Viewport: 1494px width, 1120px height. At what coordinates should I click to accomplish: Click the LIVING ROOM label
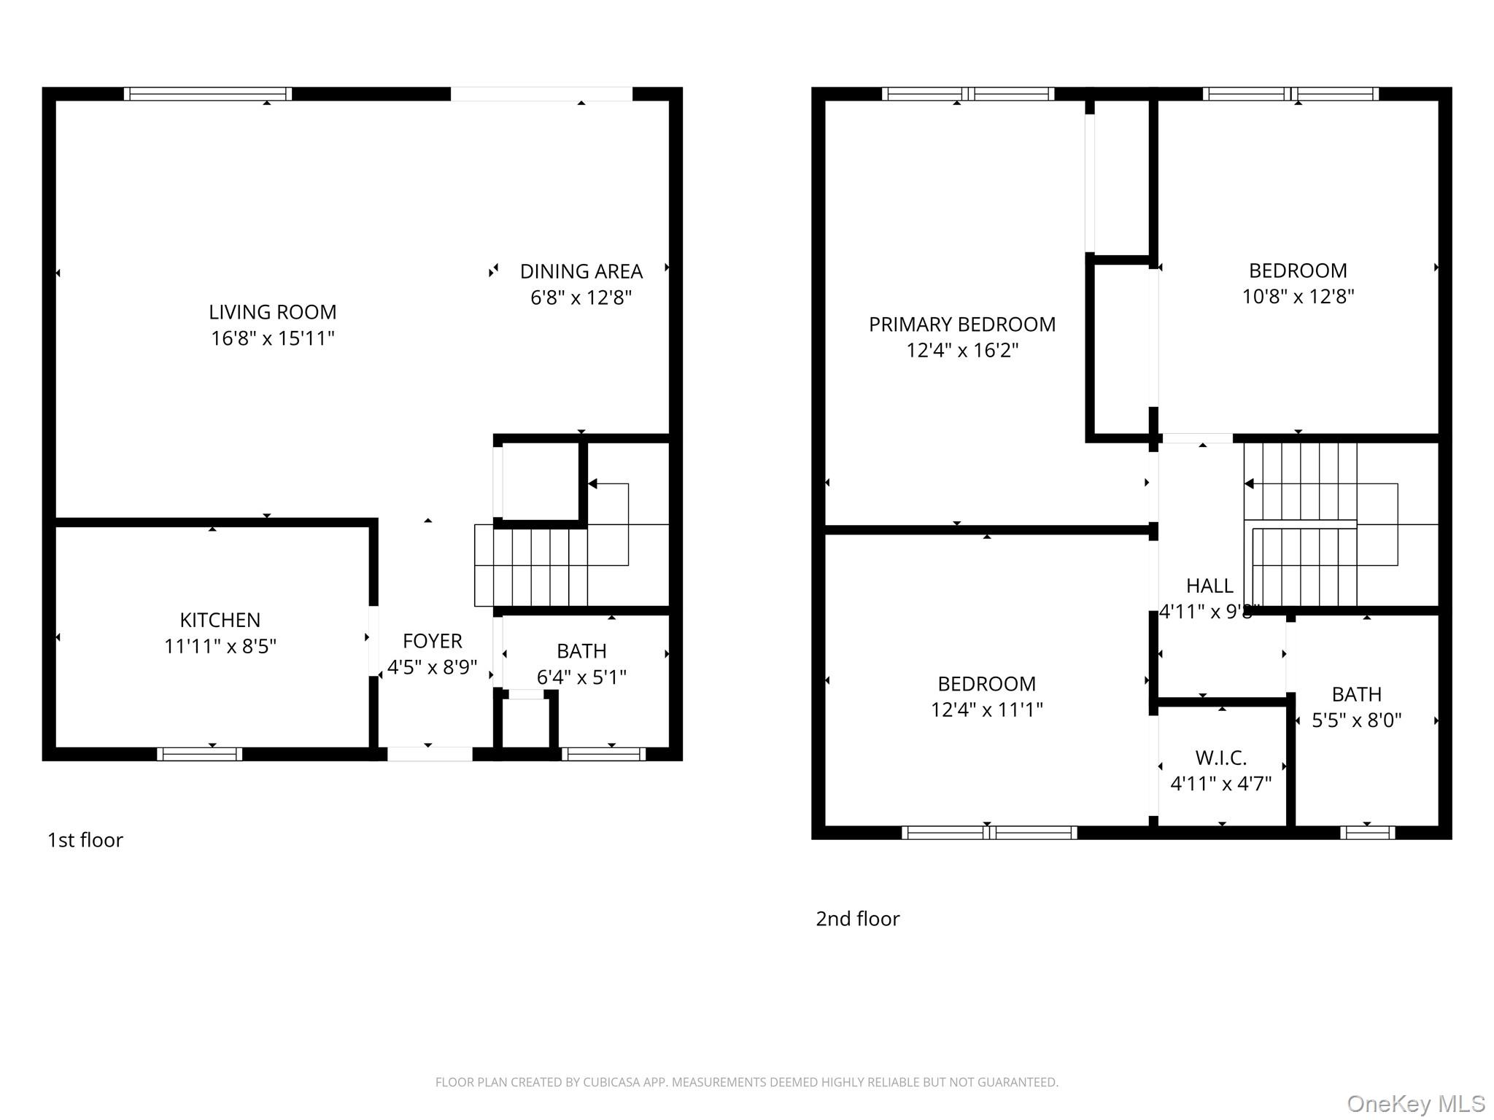pos(272,312)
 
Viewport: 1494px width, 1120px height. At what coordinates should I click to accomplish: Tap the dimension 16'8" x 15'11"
pos(272,338)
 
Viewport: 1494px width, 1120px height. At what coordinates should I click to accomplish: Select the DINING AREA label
pos(581,271)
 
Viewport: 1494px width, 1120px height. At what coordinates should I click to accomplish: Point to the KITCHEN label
pos(220,620)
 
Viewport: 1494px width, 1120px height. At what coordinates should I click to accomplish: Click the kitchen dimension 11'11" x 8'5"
pos(220,646)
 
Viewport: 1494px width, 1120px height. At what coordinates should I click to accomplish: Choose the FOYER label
pos(432,641)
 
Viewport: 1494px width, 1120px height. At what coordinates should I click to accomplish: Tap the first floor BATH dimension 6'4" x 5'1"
pos(581,677)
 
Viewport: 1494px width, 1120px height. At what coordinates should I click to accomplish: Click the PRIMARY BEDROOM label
pos(961,324)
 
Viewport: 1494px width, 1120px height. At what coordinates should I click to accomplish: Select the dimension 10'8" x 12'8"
pos(1298,297)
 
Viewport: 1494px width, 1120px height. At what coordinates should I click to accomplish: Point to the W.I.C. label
pos(1220,758)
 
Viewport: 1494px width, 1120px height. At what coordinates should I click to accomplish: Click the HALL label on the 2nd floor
pos(1209,586)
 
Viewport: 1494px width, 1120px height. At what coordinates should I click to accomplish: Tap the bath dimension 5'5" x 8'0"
pos(1356,720)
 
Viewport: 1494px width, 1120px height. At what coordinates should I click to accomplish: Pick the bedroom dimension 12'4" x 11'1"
pos(986,709)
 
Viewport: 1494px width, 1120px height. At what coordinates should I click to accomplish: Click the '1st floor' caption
pos(85,840)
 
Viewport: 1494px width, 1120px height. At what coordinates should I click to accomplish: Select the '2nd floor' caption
pos(857,919)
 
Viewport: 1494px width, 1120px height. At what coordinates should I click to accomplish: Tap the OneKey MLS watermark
pos(1415,1104)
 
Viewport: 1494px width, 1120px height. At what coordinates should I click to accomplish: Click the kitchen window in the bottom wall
pos(199,754)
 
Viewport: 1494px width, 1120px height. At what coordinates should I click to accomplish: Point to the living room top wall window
pos(207,93)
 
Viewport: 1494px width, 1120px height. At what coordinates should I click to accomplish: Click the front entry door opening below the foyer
pos(429,754)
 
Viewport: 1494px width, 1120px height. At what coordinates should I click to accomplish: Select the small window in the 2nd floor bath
pos(1367,832)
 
